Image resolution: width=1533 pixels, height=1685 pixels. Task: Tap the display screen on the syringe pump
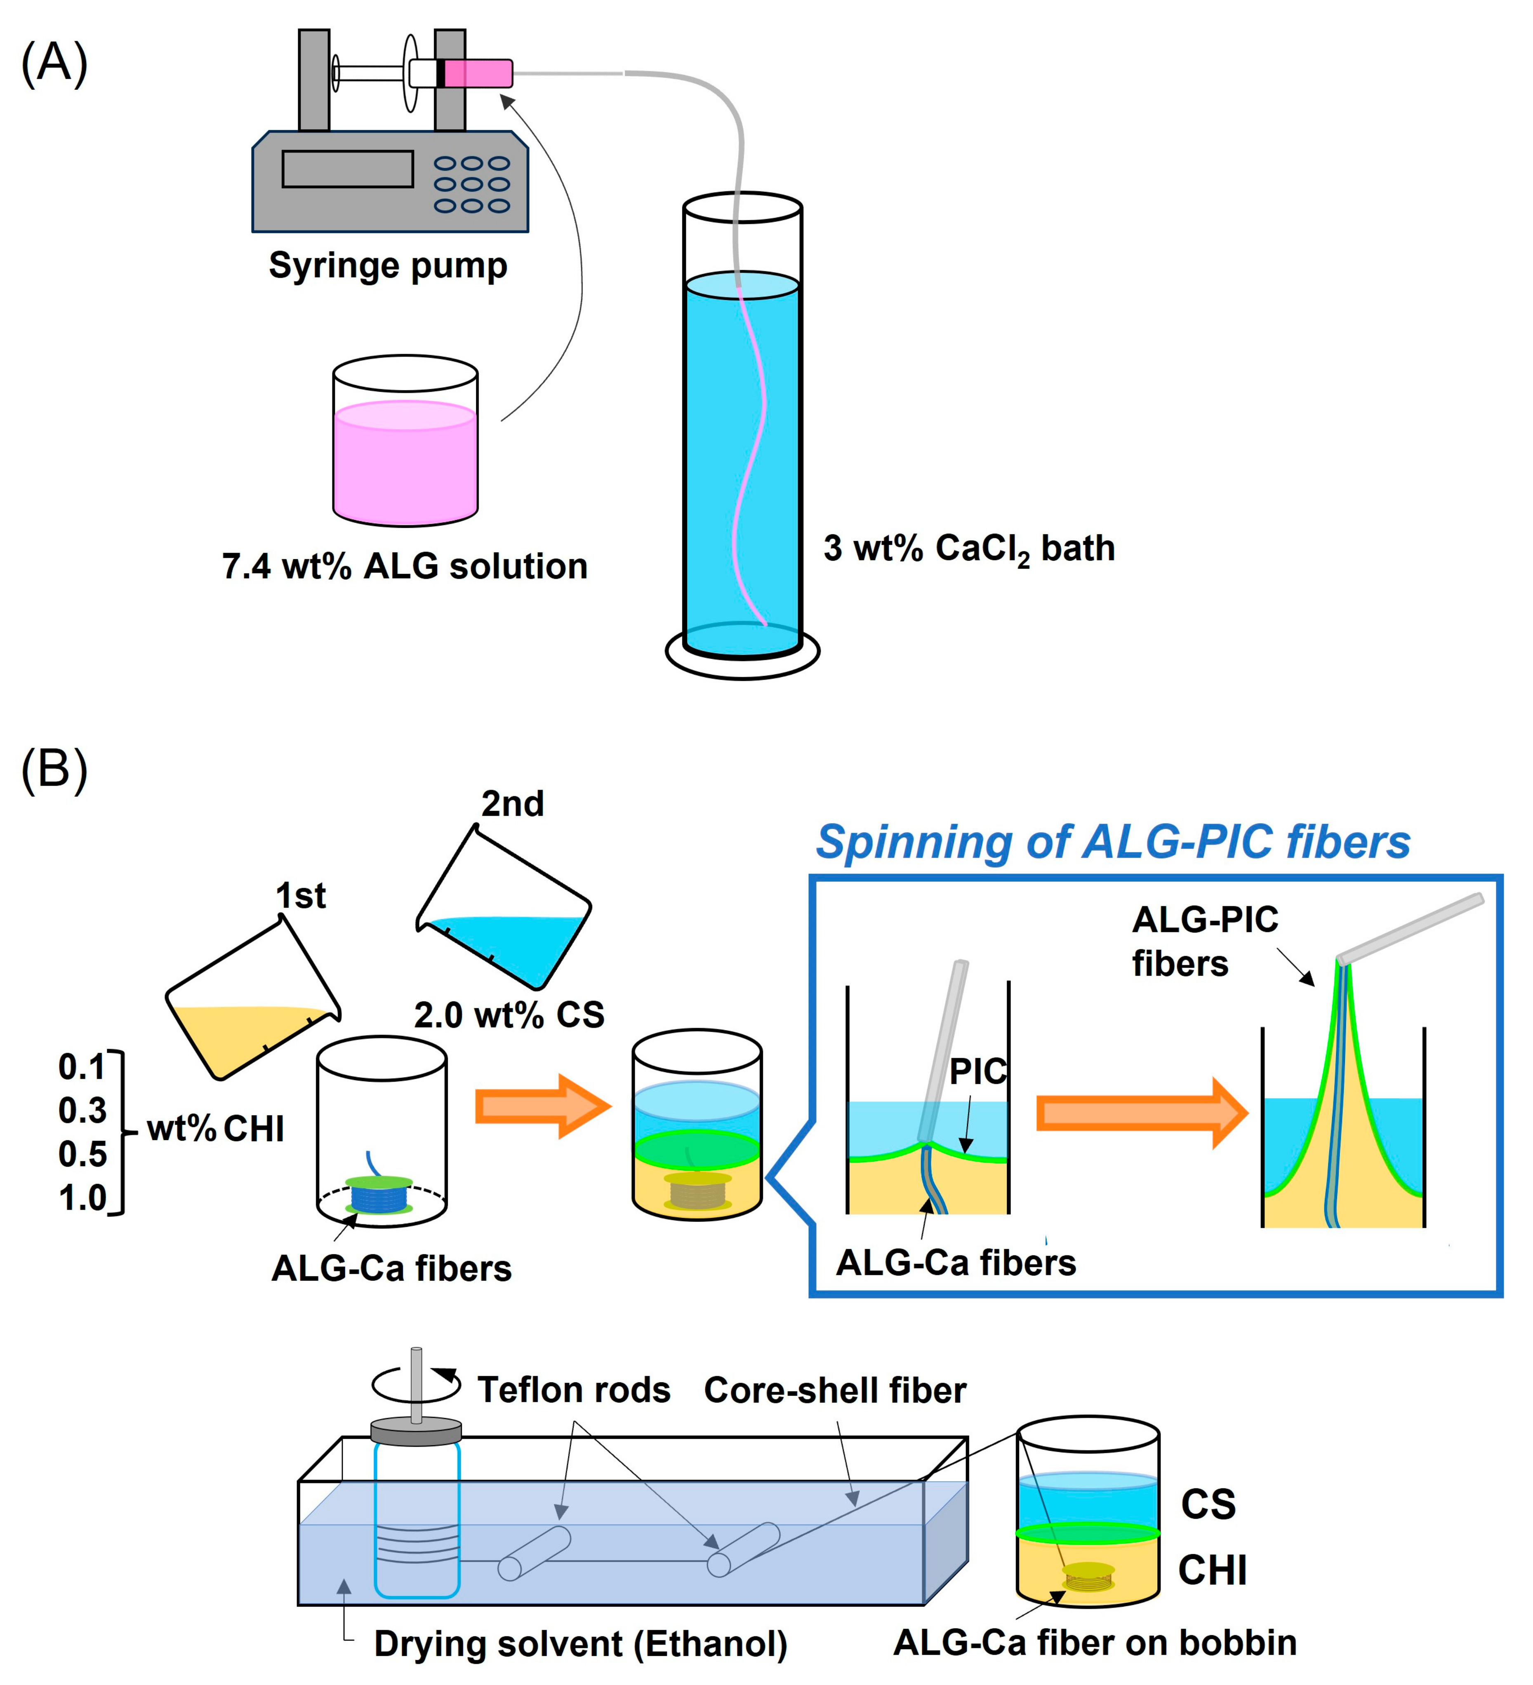click(347, 169)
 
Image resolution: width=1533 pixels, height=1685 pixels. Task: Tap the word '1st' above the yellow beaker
click(301, 896)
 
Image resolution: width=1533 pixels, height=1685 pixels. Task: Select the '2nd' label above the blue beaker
click(512, 804)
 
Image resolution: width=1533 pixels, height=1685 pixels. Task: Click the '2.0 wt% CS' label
click(509, 1016)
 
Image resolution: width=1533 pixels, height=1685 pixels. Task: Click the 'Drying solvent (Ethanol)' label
click(580, 1644)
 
